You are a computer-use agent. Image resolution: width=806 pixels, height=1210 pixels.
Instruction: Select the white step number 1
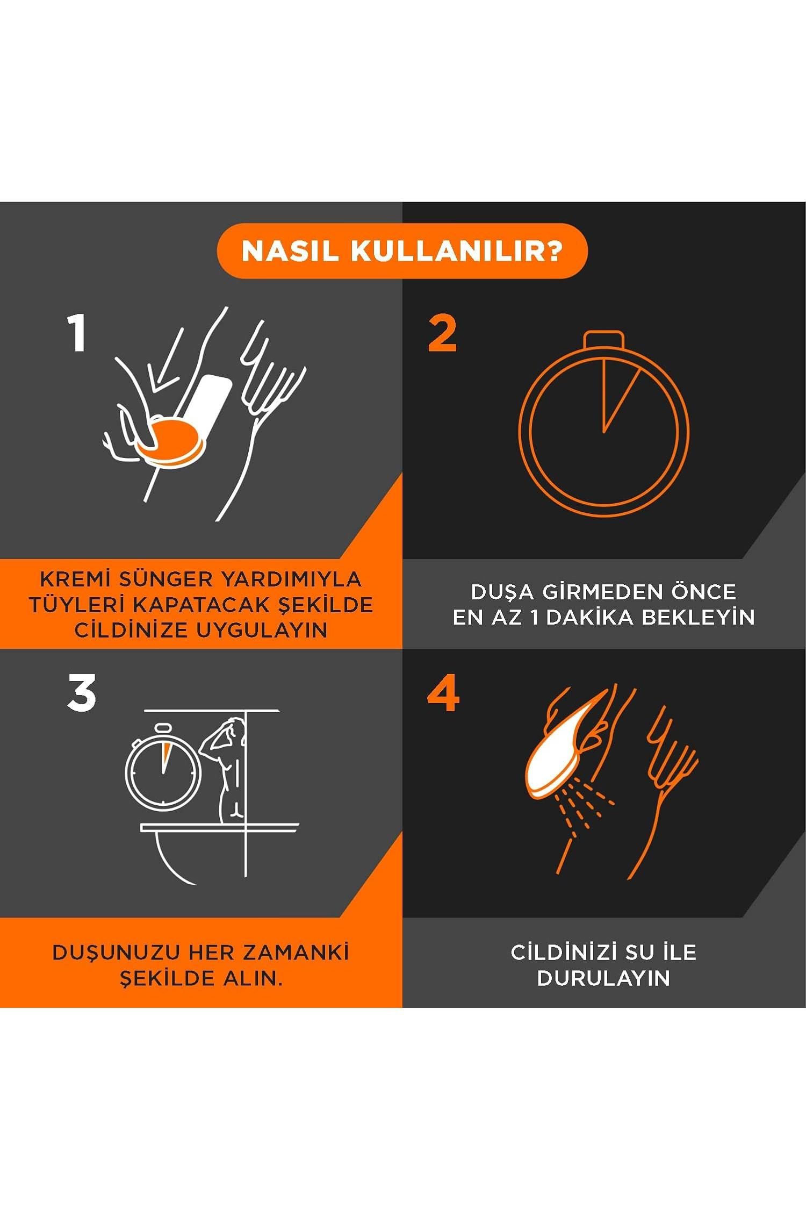[77, 333]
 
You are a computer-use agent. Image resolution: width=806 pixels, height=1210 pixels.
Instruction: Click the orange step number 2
[442, 333]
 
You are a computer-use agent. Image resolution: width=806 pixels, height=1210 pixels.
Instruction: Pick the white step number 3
[82, 693]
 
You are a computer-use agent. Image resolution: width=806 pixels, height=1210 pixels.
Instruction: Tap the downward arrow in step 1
[165, 361]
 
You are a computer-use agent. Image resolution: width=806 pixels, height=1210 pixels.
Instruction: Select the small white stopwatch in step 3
[162, 768]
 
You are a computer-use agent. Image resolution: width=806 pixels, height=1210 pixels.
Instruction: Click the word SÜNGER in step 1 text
[166, 579]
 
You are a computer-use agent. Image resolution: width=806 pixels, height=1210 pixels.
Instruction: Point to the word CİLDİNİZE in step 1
[132, 629]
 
